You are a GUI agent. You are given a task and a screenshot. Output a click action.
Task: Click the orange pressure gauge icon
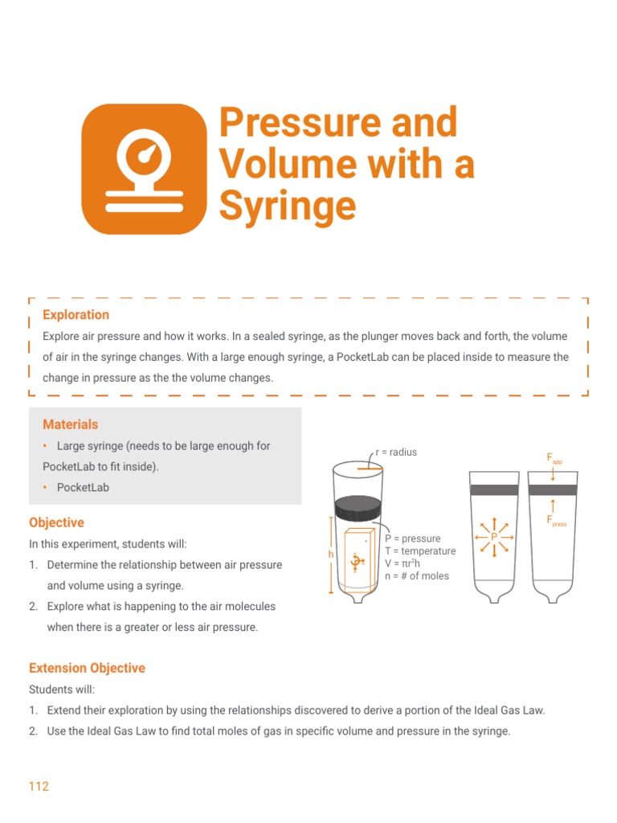(x=145, y=169)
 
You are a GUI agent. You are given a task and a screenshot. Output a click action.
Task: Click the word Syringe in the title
(x=288, y=205)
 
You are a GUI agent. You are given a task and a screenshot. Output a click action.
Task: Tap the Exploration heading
(x=76, y=315)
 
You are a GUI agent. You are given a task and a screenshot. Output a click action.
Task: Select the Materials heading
(x=71, y=424)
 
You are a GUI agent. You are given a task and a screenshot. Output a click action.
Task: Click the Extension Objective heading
(x=87, y=668)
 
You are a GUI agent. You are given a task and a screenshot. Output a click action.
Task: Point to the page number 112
(x=39, y=786)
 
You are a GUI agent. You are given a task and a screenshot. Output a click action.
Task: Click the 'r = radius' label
(x=396, y=452)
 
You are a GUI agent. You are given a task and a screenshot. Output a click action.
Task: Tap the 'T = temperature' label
(x=420, y=551)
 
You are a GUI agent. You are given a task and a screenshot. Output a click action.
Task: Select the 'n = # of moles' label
(x=417, y=575)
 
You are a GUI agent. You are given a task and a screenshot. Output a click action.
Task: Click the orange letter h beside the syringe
(x=330, y=555)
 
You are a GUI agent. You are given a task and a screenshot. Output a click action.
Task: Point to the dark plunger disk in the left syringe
(x=357, y=507)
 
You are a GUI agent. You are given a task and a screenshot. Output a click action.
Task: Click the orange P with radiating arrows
(x=494, y=536)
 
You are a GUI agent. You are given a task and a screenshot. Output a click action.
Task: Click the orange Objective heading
(x=56, y=522)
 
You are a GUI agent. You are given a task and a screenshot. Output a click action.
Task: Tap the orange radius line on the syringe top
(x=370, y=467)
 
